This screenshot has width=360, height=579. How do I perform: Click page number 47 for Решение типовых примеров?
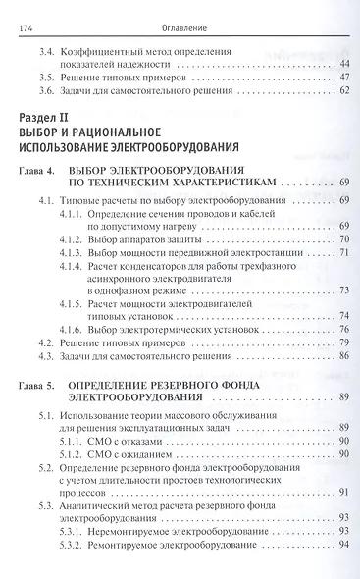[x=345, y=77]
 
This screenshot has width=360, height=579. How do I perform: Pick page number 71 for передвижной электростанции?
[x=345, y=253]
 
